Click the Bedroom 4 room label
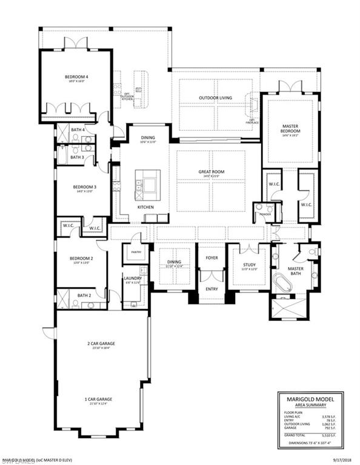(77, 77)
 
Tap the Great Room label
(211, 172)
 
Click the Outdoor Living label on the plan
(216, 97)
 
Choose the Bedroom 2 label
(82, 258)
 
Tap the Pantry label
(135, 251)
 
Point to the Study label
(248, 265)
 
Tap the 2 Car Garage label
(100, 343)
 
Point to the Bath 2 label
(84, 295)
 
